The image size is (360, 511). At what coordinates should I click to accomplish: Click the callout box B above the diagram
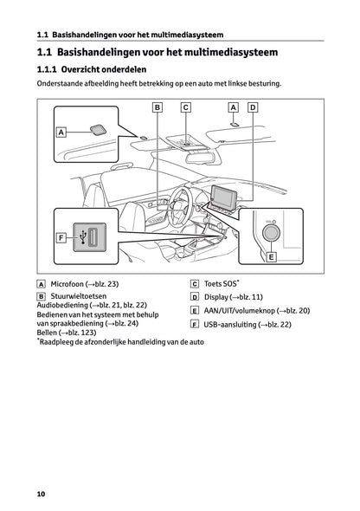click(157, 107)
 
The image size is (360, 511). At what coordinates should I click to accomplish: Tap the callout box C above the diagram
click(185, 107)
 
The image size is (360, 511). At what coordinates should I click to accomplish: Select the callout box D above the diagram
click(253, 107)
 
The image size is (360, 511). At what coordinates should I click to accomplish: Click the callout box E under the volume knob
click(271, 257)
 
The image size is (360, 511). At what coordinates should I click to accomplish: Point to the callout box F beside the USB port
click(61, 238)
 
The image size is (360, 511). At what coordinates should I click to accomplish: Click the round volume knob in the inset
click(271, 233)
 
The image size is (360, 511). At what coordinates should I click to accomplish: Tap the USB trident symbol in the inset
click(83, 237)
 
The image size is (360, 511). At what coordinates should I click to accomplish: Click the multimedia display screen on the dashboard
click(225, 197)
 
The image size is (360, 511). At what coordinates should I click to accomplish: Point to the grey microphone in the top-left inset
click(98, 130)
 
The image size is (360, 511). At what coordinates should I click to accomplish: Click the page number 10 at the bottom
click(41, 494)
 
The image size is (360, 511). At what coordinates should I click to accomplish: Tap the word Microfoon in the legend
click(67, 284)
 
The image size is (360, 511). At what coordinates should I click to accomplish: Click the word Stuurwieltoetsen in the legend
click(79, 296)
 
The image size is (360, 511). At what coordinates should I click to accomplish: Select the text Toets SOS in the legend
click(220, 284)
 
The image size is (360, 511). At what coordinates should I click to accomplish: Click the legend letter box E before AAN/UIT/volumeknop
click(195, 311)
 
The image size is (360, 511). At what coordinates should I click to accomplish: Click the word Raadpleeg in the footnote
click(56, 342)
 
